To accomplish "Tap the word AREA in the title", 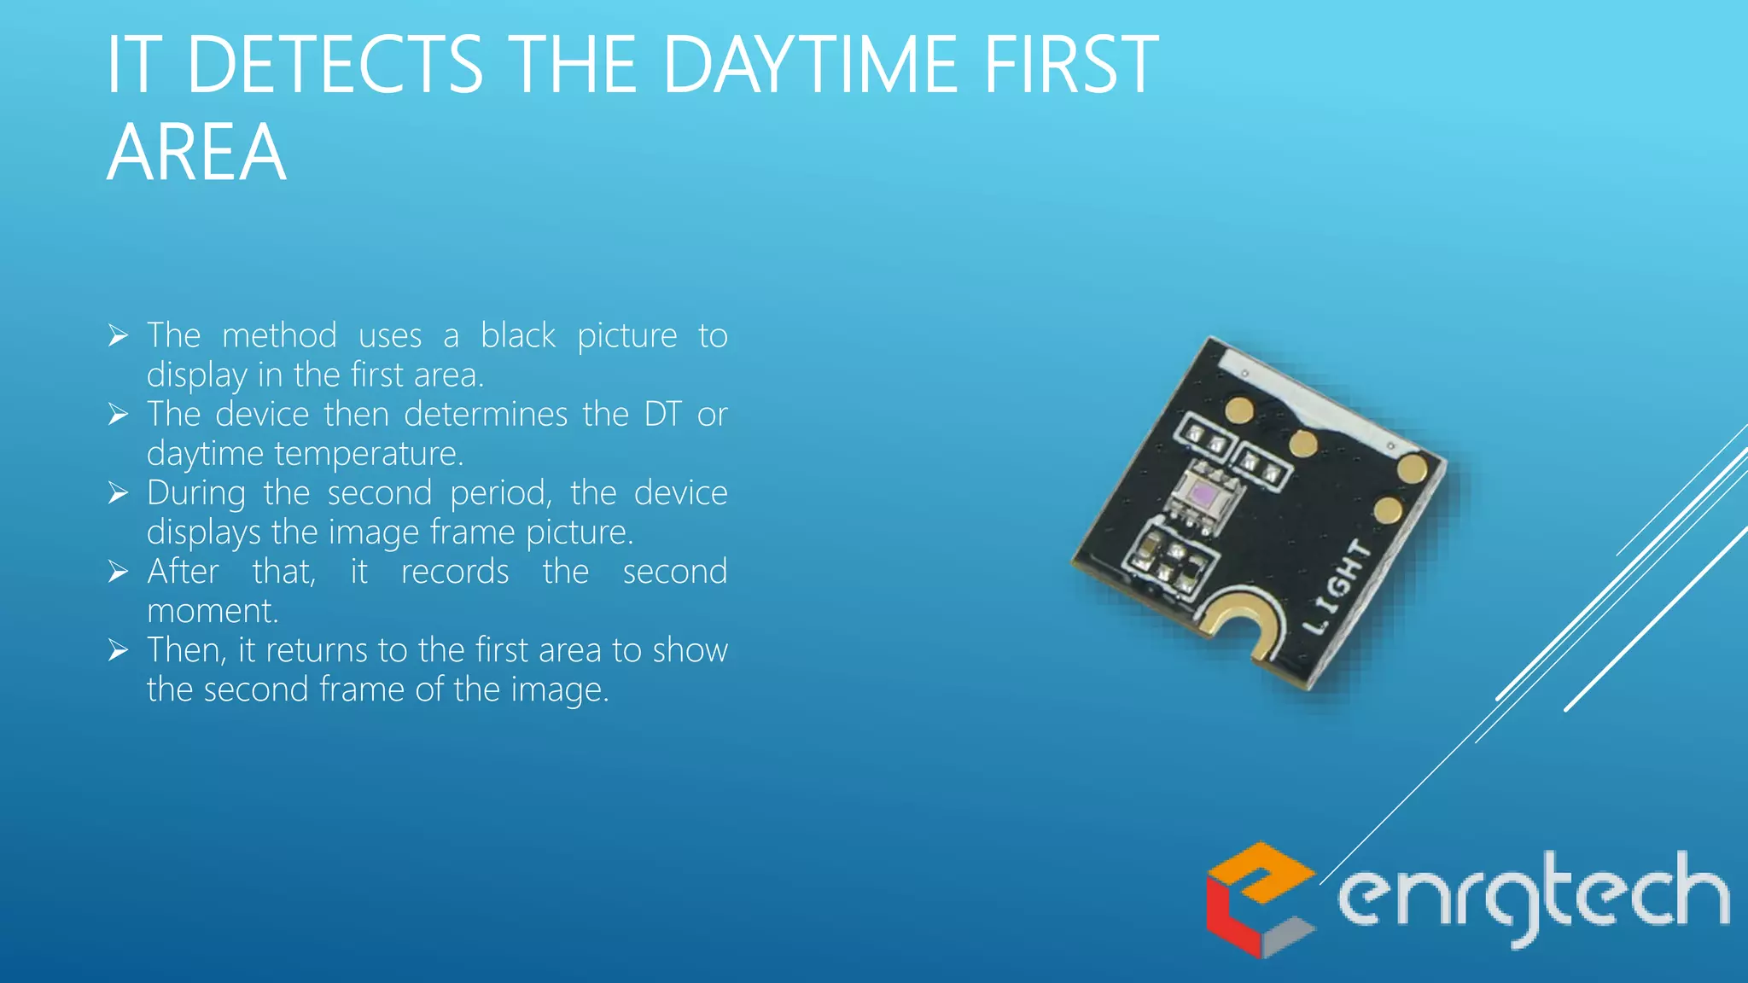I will pos(196,154).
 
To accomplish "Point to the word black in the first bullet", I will pos(517,335).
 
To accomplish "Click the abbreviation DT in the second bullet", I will pos(662,415).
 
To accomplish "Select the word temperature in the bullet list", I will pos(369,454).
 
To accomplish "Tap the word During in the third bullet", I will pos(195,494).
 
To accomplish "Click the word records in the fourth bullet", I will pos(455,572).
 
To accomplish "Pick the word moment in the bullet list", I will pos(212,611).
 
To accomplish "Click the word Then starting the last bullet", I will pos(187,650).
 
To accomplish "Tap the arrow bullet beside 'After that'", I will pos(119,572).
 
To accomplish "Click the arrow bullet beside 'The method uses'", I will pos(119,335).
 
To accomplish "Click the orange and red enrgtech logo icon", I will pos(1259,899).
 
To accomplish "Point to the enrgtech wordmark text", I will pos(1532,898).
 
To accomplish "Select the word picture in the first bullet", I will pos(626,336).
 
